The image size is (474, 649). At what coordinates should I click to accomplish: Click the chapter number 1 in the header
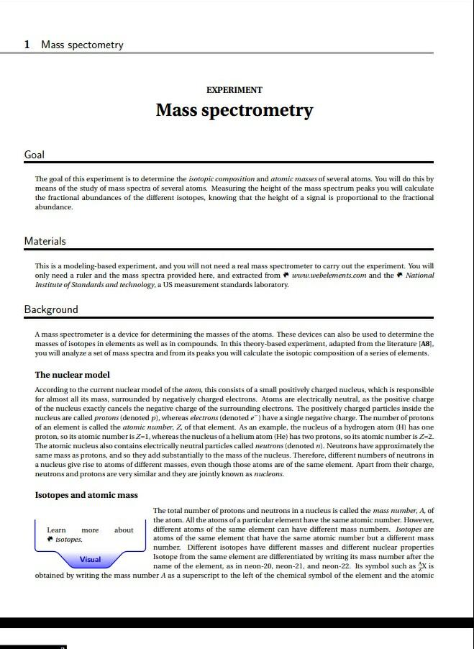27,45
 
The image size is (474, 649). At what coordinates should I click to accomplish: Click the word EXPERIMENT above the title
234,90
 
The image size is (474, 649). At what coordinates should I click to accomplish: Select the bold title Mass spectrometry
234,110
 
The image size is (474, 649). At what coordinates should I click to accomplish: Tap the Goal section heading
35,155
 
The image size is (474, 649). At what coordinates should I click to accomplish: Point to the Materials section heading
45,241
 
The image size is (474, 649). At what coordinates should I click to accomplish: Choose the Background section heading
51,309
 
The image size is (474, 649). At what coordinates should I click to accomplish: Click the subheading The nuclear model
72,375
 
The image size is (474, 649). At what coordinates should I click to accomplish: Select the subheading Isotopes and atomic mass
86,495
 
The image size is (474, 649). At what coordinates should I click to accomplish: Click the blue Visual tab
90,559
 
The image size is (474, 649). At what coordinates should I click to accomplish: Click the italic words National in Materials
420,275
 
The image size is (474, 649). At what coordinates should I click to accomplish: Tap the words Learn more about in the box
90,530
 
